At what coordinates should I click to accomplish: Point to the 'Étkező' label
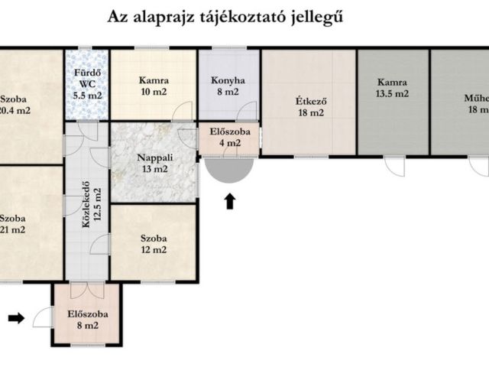coord(309,100)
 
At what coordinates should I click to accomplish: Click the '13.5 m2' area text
coord(392,94)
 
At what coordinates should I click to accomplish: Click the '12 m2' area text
coord(153,249)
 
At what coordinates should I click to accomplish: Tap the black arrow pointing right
coord(16,317)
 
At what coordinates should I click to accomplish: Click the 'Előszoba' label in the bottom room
coord(86,313)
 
